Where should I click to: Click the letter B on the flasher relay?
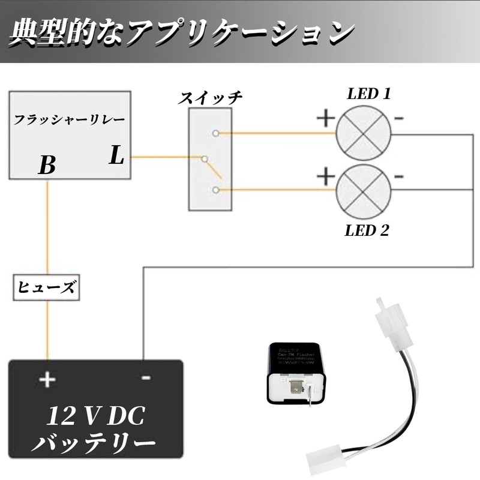[x=47, y=165]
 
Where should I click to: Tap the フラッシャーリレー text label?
[x=70, y=119]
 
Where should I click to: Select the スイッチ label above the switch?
[x=210, y=98]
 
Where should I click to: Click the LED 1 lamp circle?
[x=363, y=134]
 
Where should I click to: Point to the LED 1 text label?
[x=369, y=94]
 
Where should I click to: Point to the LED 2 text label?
[x=367, y=231]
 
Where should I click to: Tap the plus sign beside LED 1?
[x=325, y=118]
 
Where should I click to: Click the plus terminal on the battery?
[x=47, y=379]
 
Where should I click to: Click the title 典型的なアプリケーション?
[x=180, y=34]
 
